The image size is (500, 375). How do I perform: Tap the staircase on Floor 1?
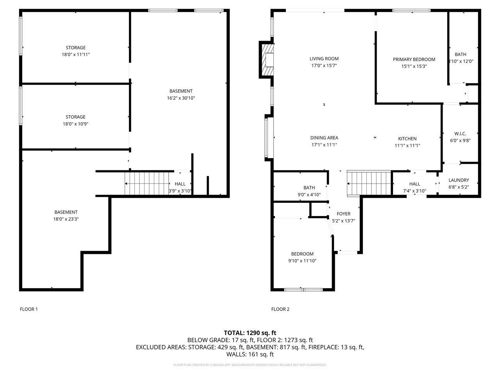(147, 183)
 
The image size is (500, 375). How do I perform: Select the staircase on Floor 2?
(369, 183)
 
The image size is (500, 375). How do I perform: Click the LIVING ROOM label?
(324, 59)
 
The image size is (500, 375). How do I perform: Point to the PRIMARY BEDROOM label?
(414, 59)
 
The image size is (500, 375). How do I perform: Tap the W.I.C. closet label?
(460, 134)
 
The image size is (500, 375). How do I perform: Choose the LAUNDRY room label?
(459, 180)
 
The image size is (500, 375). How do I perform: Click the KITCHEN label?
(407, 139)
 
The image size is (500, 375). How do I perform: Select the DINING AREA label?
(324, 138)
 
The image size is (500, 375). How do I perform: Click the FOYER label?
(343, 214)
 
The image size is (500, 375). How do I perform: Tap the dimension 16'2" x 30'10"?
(181, 98)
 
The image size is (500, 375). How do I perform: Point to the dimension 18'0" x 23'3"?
(66, 219)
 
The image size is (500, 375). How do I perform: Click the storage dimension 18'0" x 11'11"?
(76, 55)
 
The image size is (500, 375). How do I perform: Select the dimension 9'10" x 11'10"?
(302, 261)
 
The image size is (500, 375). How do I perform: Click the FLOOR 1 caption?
(29, 309)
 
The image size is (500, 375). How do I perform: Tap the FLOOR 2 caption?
(280, 309)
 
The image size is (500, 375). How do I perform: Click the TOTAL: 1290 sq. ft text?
(250, 333)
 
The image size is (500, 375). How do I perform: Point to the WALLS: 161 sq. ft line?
(250, 354)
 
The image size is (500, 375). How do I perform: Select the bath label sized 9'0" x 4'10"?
(309, 188)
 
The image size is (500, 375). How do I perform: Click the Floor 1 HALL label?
(180, 184)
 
